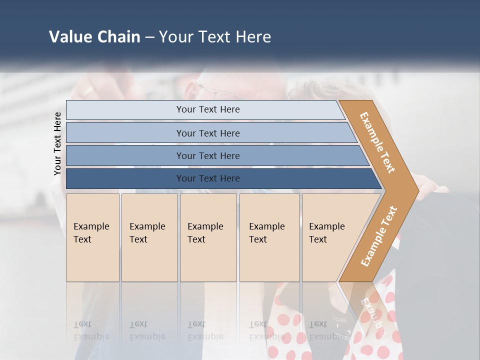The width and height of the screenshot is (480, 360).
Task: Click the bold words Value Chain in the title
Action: click(x=94, y=36)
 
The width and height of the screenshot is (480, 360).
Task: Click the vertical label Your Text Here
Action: click(x=57, y=144)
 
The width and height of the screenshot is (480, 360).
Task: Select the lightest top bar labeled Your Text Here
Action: click(x=207, y=109)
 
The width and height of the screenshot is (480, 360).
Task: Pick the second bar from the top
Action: click(x=207, y=133)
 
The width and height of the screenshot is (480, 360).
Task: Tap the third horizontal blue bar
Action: click(x=207, y=155)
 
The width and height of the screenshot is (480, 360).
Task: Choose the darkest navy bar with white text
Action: click(x=207, y=178)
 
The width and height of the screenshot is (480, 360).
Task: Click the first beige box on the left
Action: click(x=92, y=237)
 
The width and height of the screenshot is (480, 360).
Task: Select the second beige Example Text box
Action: click(x=149, y=237)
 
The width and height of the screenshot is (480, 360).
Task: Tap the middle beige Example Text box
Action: click(x=208, y=237)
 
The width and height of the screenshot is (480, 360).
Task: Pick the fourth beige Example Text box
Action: click(x=269, y=237)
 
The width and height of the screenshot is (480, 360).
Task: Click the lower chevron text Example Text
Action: click(x=379, y=236)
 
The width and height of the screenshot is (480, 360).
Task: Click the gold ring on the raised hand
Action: click(x=88, y=91)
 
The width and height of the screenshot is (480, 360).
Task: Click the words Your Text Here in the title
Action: click(x=215, y=36)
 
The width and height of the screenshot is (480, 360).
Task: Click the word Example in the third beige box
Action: click(x=205, y=226)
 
